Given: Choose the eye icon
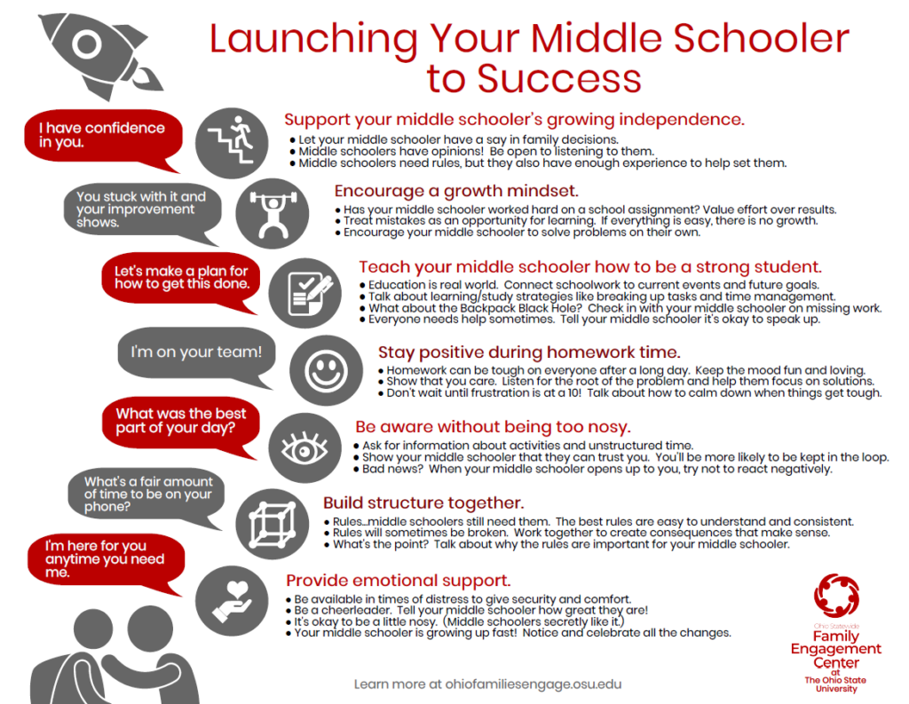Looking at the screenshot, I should click(304, 444).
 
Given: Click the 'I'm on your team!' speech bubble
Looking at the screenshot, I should click(196, 352).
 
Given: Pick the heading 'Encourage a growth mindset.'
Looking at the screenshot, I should click(456, 191).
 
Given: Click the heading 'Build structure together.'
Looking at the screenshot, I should click(423, 503).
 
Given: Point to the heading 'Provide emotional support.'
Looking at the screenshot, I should click(398, 581).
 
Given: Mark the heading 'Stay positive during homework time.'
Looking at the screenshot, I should click(529, 352).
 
